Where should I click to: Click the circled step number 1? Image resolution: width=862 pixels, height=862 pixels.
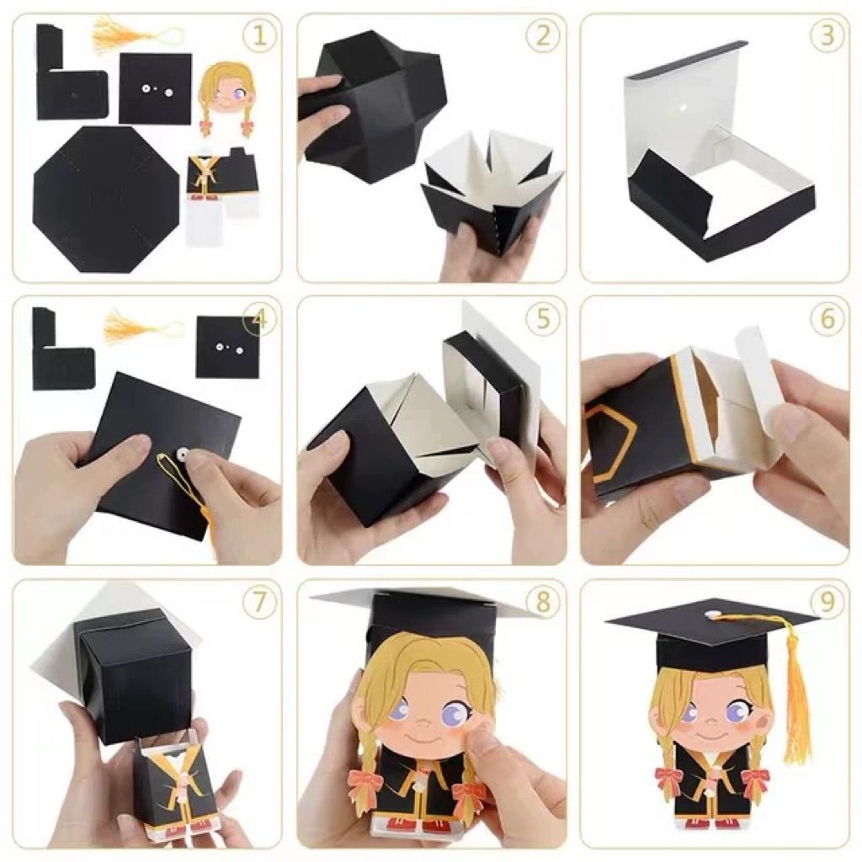259,36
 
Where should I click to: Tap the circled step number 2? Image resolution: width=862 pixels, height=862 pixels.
543,36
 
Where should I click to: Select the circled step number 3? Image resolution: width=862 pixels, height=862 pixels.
827,36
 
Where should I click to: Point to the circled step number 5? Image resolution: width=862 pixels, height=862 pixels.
543,319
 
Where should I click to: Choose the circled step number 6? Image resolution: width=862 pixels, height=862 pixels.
827,319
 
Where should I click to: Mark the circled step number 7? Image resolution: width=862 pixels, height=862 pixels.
259,603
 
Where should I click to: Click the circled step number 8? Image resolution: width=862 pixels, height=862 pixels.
543,603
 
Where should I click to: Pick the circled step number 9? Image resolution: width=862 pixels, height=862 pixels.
827,603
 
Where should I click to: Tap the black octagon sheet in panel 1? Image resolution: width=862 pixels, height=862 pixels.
107,199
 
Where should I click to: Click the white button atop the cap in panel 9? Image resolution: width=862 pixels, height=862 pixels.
713,614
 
